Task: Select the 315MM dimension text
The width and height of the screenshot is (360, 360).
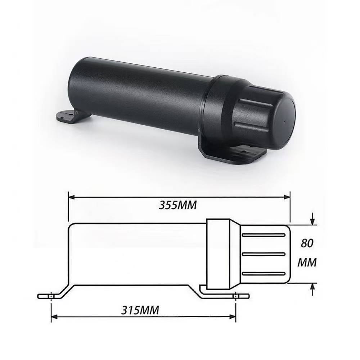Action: [140, 310]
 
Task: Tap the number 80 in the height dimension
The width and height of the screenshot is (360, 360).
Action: [307, 243]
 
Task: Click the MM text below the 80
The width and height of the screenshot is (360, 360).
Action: [307, 263]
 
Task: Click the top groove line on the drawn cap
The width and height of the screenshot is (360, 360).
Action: [264, 235]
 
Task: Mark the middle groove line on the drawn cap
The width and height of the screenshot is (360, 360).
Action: [264, 254]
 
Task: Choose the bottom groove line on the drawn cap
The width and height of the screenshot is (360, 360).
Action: [264, 274]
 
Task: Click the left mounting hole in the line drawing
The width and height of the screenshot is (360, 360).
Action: [52, 296]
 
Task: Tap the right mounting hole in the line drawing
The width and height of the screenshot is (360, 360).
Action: [236, 296]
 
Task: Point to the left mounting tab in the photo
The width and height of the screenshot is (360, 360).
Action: [68, 116]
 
